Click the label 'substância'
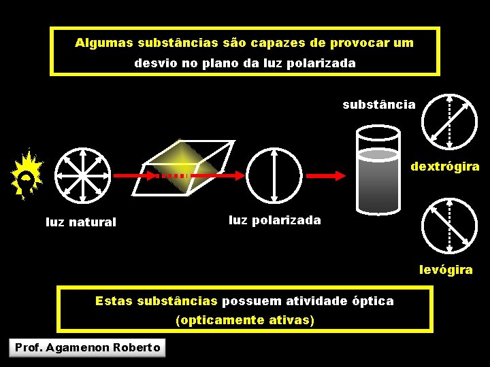point(378,105)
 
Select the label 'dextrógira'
point(444,167)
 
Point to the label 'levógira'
point(446,270)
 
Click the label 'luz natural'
point(81,222)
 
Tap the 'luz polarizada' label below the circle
point(275,220)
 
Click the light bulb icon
point(27,175)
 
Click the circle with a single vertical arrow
point(273,175)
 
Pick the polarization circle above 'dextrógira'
point(449,122)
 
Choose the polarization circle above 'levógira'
point(449,225)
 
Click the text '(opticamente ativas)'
point(244,319)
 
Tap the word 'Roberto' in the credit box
point(137,348)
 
